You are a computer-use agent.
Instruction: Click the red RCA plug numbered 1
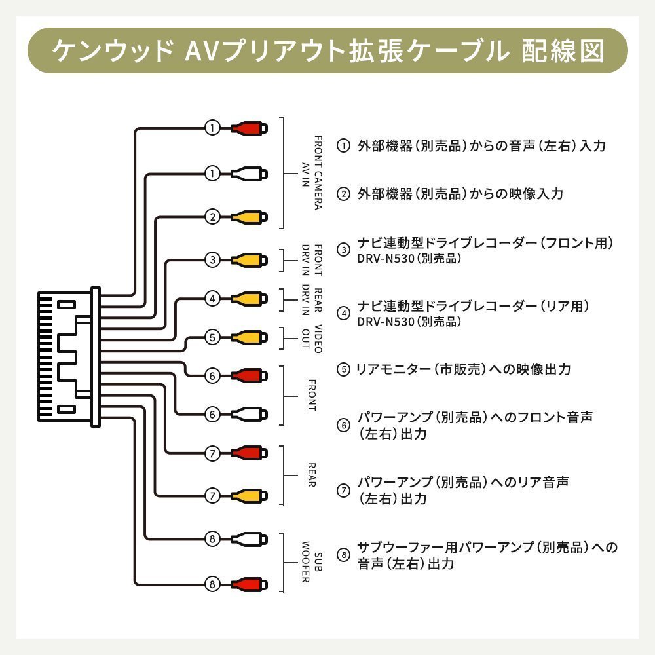(248, 128)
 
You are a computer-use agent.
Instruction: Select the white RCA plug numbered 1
(248, 174)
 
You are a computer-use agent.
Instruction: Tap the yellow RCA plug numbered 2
(248, 216)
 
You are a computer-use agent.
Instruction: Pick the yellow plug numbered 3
(248, 260)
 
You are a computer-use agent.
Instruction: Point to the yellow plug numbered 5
(248, 337)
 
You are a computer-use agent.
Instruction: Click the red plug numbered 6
(248, 376)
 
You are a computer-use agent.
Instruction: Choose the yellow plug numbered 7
(248, 495)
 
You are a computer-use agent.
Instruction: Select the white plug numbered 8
(248, 540)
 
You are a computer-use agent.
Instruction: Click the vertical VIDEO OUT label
(311, 338)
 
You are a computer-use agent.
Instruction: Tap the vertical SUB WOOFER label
(311, 562)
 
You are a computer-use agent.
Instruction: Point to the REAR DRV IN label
(311, 299)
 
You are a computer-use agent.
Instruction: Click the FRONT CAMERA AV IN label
(311, 172)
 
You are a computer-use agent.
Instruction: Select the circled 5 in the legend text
(343, 369)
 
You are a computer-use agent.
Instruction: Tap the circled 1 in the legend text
(343, 145)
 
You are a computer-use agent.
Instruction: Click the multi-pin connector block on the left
(65, 357)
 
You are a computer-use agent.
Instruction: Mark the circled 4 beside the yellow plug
(212, 299)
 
